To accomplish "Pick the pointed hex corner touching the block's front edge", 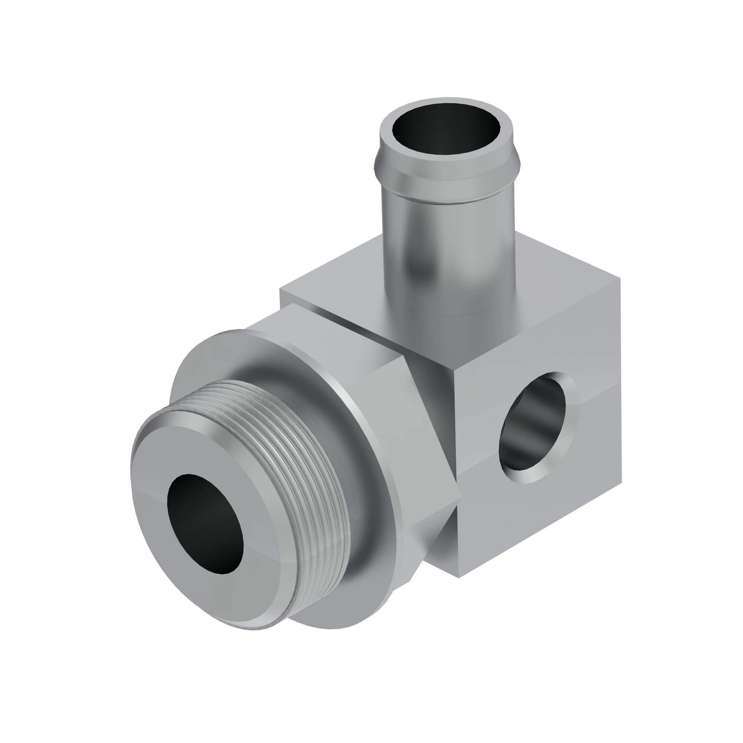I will tap(460, 496).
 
